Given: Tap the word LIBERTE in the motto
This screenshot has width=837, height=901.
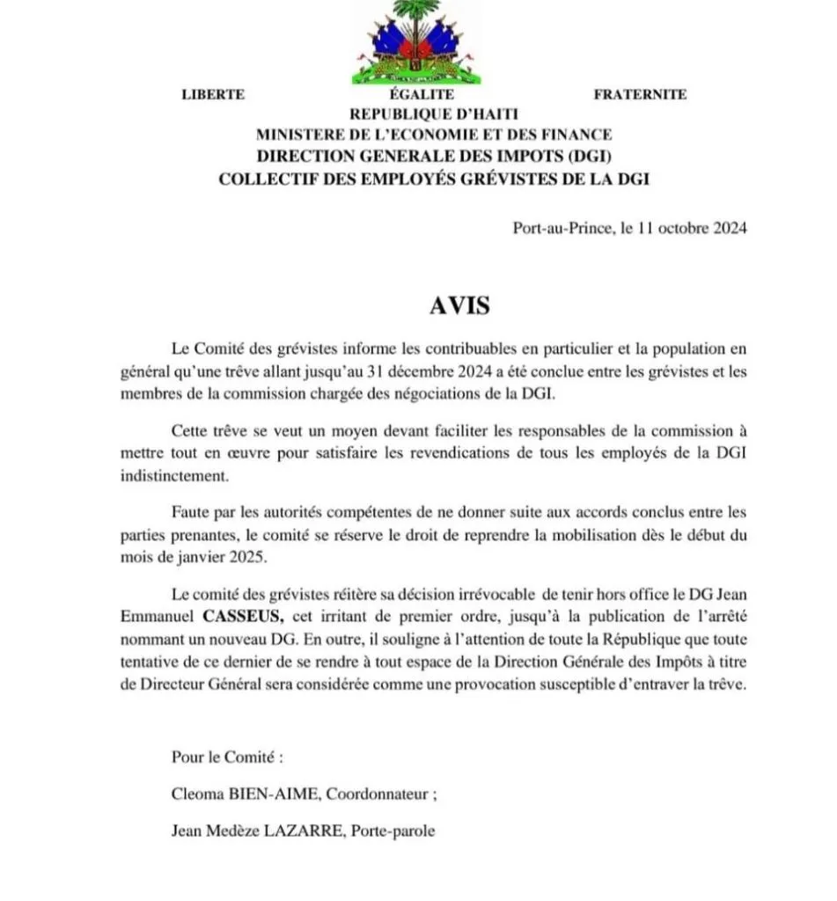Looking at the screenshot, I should (213, 95).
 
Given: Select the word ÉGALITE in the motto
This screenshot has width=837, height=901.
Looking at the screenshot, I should (422, 95).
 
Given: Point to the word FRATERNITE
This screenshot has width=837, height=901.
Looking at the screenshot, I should (640, 95).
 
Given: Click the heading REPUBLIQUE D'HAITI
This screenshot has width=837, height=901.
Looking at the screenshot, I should (434, 114).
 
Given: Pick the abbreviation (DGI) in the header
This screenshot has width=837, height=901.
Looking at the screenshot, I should (584, 157).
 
